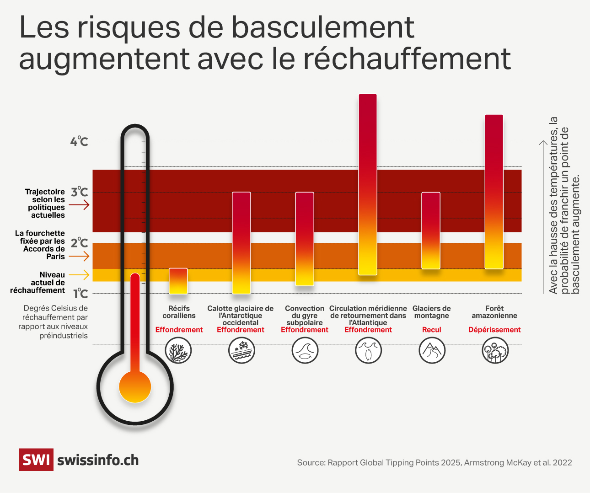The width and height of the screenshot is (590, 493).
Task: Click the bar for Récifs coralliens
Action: pos(178,281)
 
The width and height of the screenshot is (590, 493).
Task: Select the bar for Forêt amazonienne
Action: pos(494,192)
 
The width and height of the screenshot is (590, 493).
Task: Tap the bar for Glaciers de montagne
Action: pos(431,230)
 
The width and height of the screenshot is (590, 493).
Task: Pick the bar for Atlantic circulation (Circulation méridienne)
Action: pos(368,184)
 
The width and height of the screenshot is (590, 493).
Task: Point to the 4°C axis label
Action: pos(79,141)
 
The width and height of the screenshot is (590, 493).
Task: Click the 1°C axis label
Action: pos(80,294)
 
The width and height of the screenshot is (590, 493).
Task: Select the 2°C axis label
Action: pos(80,243)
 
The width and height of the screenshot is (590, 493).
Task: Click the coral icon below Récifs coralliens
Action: pos(178,351)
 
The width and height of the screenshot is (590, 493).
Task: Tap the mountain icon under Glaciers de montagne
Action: pos(432,351)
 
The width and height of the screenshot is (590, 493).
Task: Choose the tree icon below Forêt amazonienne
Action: pos(495,351)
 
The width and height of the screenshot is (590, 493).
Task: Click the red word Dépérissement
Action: pos(494,330)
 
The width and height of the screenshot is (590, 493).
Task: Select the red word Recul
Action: pos(432,330)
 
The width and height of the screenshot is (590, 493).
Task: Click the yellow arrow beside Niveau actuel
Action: pos(79,275)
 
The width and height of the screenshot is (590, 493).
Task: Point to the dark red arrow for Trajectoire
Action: pos(79,205)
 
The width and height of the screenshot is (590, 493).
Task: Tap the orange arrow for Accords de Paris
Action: pos(79,257)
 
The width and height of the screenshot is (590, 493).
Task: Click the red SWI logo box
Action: pos(36,460)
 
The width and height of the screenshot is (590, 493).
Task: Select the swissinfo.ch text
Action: pos(98,460)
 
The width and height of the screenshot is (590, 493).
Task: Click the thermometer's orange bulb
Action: pos(135,387)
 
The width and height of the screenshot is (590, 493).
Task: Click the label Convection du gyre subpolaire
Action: pos(305,316)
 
